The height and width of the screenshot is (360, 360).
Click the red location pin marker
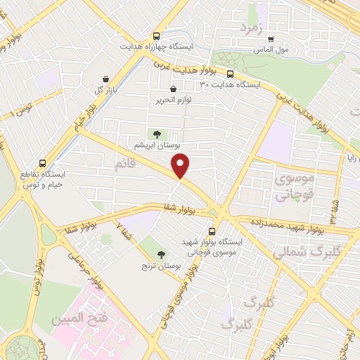coord(181,167)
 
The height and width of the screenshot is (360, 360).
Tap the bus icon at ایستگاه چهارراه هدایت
coord(155,36)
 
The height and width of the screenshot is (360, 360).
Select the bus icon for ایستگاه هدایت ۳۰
coord(230,72)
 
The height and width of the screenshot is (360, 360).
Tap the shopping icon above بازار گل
coord(105,78)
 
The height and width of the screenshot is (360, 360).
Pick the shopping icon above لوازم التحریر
coord(173,89)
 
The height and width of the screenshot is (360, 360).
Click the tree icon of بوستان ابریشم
coord(156,134)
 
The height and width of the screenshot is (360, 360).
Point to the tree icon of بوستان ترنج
coord(162,254)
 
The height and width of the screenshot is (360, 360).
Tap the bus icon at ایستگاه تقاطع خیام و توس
coord(44,163)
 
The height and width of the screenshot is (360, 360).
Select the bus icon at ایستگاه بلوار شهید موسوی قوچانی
coord(212,231)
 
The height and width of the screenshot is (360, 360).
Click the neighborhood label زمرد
coord(250,29)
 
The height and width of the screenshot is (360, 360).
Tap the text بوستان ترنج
coord(162,266)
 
